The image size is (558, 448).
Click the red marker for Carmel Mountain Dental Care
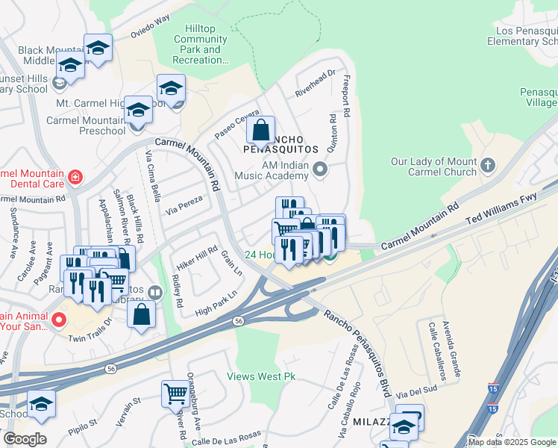[x=75, y=178]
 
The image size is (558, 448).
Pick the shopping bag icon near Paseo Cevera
[x=260, y=131]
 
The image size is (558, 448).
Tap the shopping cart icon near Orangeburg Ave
[x=175, y=392]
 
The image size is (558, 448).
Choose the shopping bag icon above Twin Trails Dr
[x=141, y=314]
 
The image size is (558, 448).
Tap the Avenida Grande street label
[x=447, y=349]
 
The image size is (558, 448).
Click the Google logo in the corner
[x=25, y=439]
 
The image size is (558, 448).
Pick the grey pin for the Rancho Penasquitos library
[x=154, y=292]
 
